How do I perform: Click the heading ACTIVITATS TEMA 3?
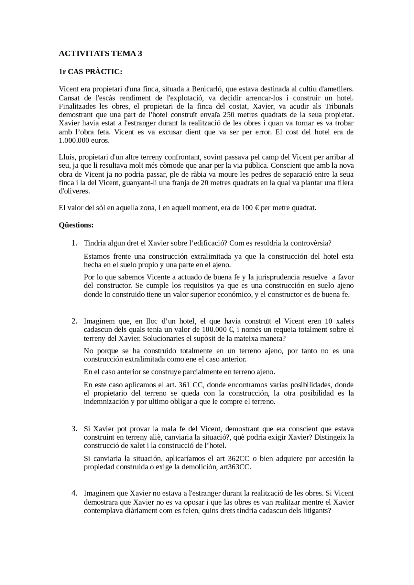[x=100, y=54]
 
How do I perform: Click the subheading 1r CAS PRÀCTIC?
[x=90, y=72]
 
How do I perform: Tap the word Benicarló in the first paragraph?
[x=206, y=89]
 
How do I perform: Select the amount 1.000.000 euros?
[x=84, y=141]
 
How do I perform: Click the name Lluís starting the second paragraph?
[x=67, y=157]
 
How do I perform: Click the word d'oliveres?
[x=74, y=191]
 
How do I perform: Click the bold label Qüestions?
[x=76, y=225]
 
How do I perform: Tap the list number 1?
[x=74, y=243]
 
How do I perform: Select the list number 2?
[x=74, y=321]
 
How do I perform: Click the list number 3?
[x=74, y=429]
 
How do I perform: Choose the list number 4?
[x=74, y=493]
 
